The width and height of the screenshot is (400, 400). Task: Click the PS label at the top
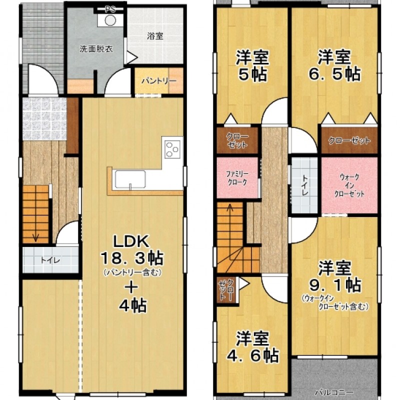(110, 9)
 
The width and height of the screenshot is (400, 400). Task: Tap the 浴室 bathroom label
(155, 36)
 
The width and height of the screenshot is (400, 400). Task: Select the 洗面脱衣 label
(96, 49)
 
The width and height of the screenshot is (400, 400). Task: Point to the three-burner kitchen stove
(172, 149)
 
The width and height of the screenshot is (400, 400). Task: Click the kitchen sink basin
(130, 179)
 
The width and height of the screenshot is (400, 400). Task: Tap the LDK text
(131, 241)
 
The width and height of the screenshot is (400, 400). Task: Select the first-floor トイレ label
(50, 260)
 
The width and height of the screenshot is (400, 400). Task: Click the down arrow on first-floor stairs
(35, 236)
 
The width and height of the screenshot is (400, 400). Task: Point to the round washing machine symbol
(110, 20)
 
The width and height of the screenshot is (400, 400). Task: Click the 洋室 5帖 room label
(252, 66)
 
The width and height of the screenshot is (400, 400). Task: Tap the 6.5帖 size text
(334, 74)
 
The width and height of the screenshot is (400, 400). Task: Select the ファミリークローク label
(237, 178)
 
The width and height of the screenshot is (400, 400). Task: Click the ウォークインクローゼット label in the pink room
(349, 185)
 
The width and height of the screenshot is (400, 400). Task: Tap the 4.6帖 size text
(252, 355)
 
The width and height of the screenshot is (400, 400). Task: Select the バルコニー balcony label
(334, 392)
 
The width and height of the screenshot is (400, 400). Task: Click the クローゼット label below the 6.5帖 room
(349, 140)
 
